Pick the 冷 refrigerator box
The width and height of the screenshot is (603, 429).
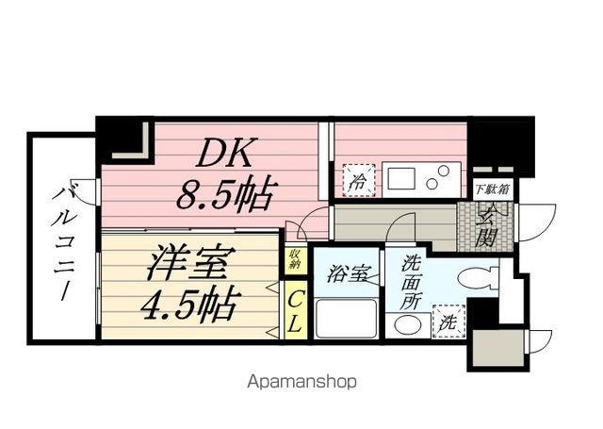pos(358,179)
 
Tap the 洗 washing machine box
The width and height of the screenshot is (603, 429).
pos(448,322)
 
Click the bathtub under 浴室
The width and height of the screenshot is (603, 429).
pos(345,318)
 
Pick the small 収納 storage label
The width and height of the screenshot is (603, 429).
pos(295,258)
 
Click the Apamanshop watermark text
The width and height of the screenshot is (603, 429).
pos(301,382)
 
